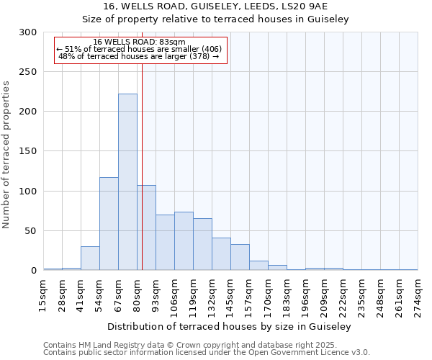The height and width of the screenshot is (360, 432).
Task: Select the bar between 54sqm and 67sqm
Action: (109, 224)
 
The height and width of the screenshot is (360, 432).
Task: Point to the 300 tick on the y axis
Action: (28, 32)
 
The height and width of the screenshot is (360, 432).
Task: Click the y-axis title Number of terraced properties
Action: (7, 154)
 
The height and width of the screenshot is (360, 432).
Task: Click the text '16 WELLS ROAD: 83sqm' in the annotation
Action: (139, 42)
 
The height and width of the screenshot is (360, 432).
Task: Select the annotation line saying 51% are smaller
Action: (139, 49)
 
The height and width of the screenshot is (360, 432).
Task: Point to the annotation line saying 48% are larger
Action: (139, 56)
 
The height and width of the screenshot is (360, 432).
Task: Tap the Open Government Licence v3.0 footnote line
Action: (207, 353)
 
